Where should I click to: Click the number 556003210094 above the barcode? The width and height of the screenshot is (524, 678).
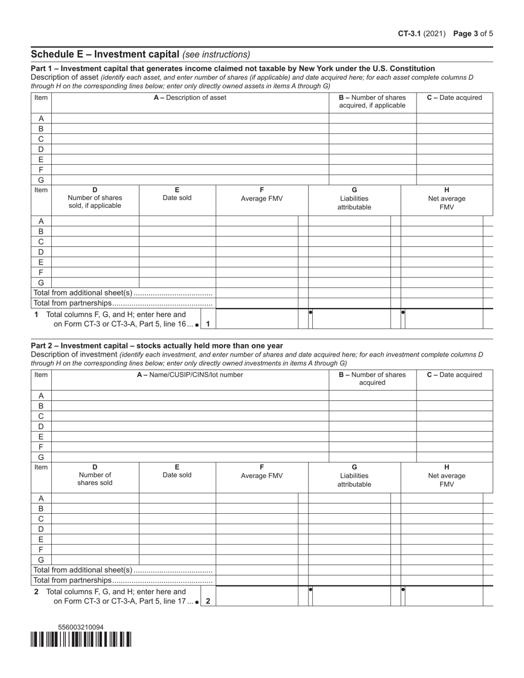(x=81, y=627)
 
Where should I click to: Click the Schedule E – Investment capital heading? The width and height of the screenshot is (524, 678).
(x=105, y=54)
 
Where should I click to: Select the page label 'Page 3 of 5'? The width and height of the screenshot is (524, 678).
(x=473, y=34)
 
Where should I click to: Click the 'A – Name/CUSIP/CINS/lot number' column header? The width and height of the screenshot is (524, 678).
(x=190, y=375)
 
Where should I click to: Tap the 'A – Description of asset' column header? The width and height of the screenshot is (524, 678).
(x=190, y=98)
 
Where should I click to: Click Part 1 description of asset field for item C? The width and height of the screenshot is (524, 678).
(x=190, y=139)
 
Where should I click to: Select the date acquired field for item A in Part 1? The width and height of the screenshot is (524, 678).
(x=454, y=119)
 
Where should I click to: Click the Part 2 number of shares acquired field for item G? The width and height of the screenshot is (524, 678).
(x=372, y=457)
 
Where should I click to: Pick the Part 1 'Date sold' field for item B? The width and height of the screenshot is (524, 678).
(x=177, y=232)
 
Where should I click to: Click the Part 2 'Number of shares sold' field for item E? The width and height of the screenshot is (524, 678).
(x=95, y=540)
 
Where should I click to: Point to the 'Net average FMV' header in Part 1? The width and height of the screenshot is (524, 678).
(x=446, y=198)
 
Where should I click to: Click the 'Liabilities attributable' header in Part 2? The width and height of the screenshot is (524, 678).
(x=354, y=476)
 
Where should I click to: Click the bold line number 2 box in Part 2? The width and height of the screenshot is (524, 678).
(x=208, y=601)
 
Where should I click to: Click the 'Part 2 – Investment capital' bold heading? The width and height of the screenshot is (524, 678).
(x=157, y=346)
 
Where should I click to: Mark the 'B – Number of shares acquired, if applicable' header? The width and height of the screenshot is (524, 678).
(x=372, y=101)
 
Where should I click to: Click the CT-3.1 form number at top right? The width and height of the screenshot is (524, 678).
(x=410, y=34)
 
